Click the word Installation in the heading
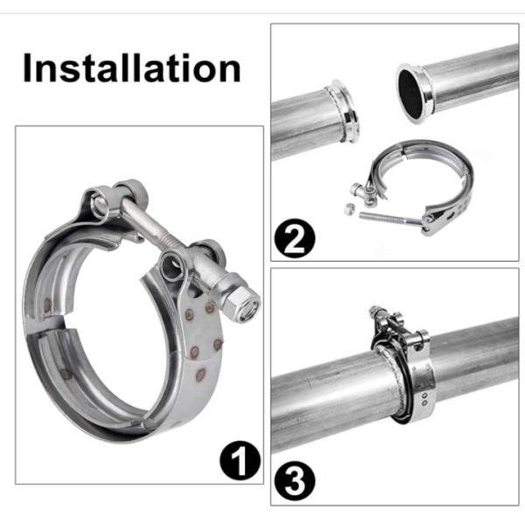click(x=132, y=68)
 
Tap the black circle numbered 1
click(x=240, y=460)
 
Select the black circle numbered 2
click(x=295, y=238)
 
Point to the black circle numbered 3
click(x=295, y=481)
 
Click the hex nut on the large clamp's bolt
click(x=241, y=304)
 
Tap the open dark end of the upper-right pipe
click(x=409, y=94)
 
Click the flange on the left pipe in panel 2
click(x=344, y=111)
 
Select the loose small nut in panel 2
click(x=349, y=209)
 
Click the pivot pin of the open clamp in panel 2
click(x=428, y=220)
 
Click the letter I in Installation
click(x=27, y=68)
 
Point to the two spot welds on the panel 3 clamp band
click(x=425, y=399)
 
